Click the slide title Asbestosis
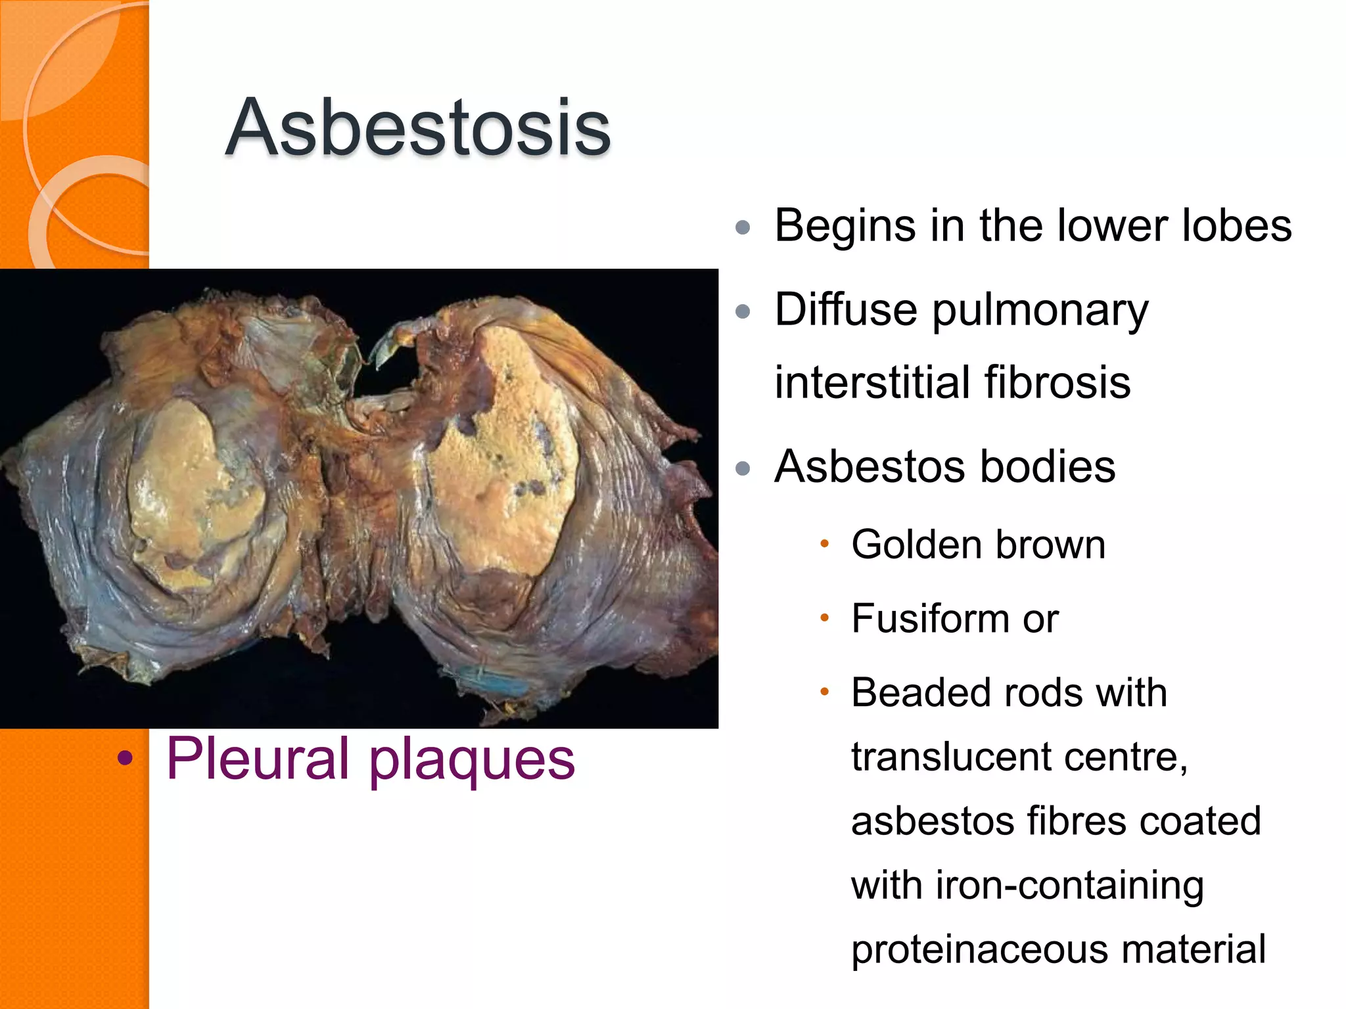pyautogui.click(x=418, y=127)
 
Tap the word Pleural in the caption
pyautogui.click(x=257, y=759)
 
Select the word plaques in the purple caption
pyautogui.click(x=471, y=762)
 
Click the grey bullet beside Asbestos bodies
pyautogui.click(x=743, y=468)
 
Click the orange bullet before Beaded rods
pyautogui.click(x=824, y=692)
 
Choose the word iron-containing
pyautogui.click(x=1070, y=886)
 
